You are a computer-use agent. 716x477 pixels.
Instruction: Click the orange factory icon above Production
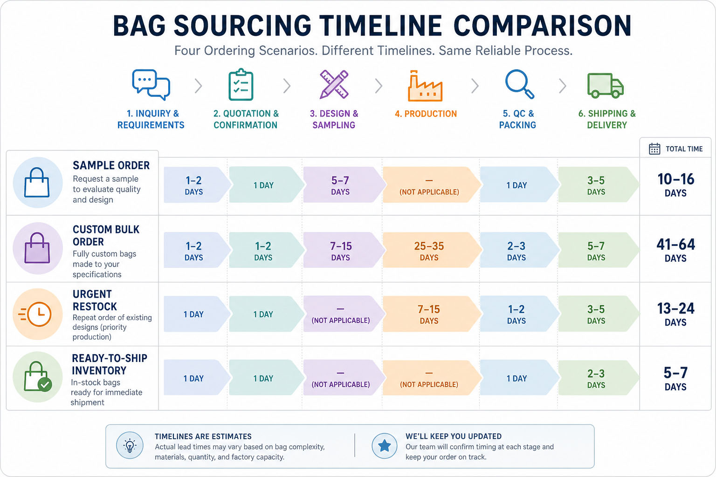425,86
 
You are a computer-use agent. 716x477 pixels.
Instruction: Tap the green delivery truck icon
606,86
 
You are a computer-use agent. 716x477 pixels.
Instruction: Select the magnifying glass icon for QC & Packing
519,84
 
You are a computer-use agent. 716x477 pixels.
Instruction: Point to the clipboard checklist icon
241,85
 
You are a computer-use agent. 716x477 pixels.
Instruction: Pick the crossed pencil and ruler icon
334,84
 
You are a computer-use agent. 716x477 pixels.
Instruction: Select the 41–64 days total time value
675,250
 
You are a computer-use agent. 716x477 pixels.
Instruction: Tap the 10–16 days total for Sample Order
675,185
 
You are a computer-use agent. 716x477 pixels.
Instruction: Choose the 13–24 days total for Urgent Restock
675,314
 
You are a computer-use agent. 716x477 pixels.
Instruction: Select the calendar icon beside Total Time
654,149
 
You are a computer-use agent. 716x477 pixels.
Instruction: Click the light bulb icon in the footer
130,446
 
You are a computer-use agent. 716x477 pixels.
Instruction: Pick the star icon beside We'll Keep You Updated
385,446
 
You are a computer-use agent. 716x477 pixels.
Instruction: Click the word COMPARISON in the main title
543,26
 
